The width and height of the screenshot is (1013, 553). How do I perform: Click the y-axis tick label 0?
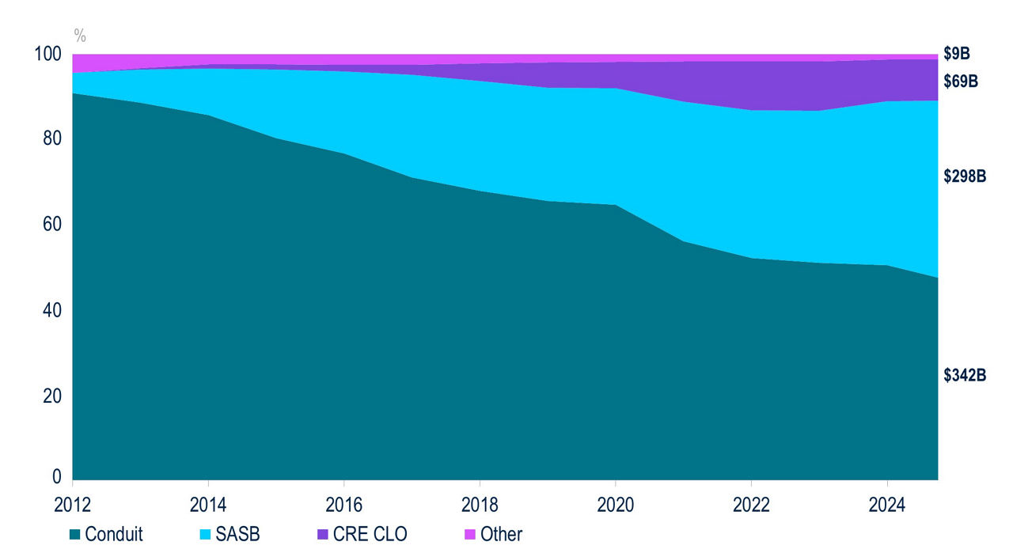55,476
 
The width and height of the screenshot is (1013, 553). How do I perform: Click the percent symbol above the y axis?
80,35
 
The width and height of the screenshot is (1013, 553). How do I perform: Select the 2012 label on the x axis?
72,503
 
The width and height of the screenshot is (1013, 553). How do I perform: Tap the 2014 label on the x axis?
208,503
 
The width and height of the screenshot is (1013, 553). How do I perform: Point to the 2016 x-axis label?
344,503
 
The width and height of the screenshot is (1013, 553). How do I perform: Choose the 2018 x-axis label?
480,503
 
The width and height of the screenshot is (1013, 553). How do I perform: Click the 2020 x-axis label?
616,503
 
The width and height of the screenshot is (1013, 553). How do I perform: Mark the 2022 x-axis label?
751,503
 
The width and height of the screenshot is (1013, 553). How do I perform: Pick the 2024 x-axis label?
887,503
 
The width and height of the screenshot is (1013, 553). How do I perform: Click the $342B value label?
965,376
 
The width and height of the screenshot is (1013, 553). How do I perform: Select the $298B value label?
965,176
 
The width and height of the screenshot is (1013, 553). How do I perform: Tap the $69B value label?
961,81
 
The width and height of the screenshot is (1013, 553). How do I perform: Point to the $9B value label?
957,54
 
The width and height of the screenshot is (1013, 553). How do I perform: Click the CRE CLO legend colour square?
322,535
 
